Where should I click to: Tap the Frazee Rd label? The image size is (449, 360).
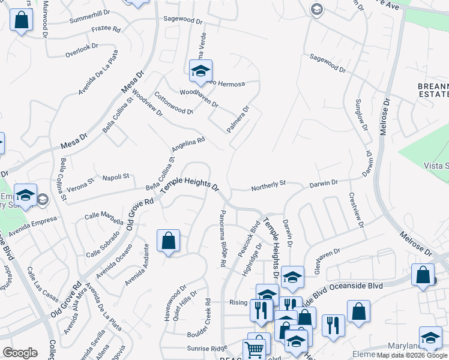pos(106,29)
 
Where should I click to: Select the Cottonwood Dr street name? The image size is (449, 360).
pos(173,103)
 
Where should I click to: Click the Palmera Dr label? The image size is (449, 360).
pos(238,119)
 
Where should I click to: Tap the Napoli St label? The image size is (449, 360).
pos(116,177)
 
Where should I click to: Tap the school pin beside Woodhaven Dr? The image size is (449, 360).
pos(200,71)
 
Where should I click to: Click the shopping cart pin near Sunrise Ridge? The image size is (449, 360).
pos(255,349)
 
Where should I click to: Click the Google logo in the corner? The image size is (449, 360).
pos(20,353)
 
